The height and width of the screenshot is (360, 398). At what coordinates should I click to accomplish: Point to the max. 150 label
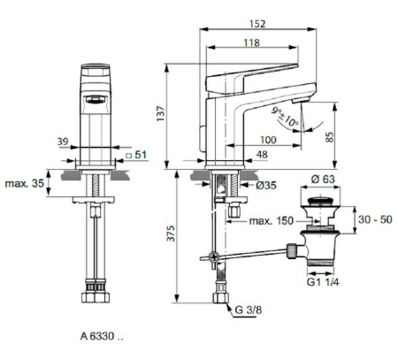coord(270,219)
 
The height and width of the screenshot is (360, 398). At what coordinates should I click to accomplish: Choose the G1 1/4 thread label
coord(323,284)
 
